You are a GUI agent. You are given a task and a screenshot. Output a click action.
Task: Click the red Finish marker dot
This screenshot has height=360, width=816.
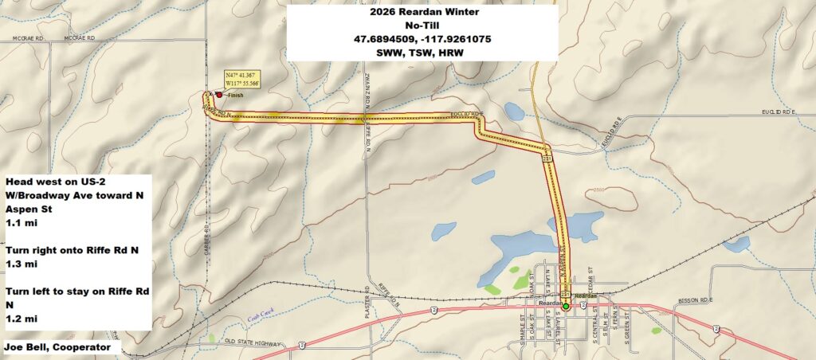click(219, 94)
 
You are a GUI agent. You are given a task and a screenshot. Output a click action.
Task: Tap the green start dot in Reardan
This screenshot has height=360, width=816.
click(566, 306)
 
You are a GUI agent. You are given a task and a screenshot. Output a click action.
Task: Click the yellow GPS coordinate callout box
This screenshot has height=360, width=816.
click(242, 80)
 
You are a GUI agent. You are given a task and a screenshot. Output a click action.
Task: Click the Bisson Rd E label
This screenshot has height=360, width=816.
click(693, 301)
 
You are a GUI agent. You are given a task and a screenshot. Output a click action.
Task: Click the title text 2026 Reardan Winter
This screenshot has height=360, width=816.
click(421, 13)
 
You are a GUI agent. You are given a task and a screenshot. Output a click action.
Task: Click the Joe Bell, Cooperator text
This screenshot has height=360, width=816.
click(60, 347)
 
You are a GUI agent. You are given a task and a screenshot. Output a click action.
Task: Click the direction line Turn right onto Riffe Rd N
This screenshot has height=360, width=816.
click(72, 250)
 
